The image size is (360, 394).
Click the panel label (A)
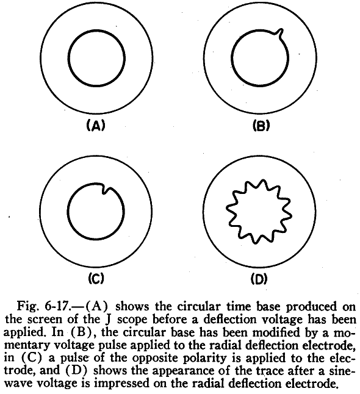(x=95, y=126)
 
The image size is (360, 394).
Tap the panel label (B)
(x=261, y=126)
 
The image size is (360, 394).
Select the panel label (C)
(x=96, y=278)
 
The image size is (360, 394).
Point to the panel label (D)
(x=259, y=279)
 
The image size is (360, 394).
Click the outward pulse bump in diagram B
(x=280, y=34)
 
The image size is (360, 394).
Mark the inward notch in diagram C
(x=105, y=189)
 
